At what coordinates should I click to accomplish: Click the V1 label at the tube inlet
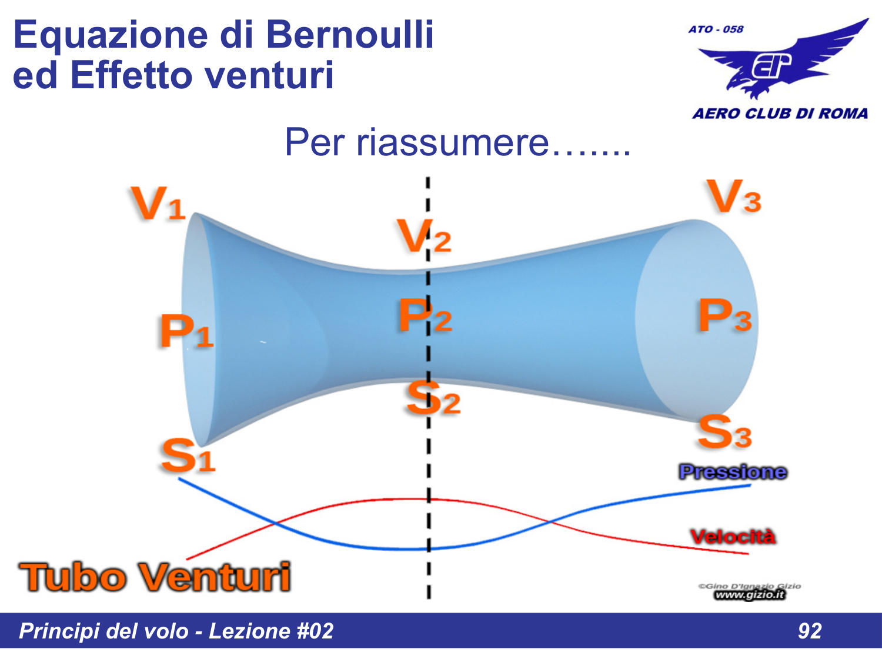(158, 204)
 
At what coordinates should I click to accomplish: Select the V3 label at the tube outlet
(734, 197)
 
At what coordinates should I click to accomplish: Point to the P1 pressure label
(186, 331)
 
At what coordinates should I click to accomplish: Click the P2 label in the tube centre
(425, 316)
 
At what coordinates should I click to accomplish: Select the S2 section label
(433, 398)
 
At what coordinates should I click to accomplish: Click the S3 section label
(724, 432)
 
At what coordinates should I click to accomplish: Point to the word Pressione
(733, 472)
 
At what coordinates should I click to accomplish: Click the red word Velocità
(733, 537)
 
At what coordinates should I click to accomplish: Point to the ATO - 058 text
(716, 29)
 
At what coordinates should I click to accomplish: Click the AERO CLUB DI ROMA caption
(780, 114)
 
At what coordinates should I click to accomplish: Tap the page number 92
(809, 631)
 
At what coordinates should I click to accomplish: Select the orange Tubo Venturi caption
(155, 577)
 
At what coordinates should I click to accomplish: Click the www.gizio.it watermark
(750, 595)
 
